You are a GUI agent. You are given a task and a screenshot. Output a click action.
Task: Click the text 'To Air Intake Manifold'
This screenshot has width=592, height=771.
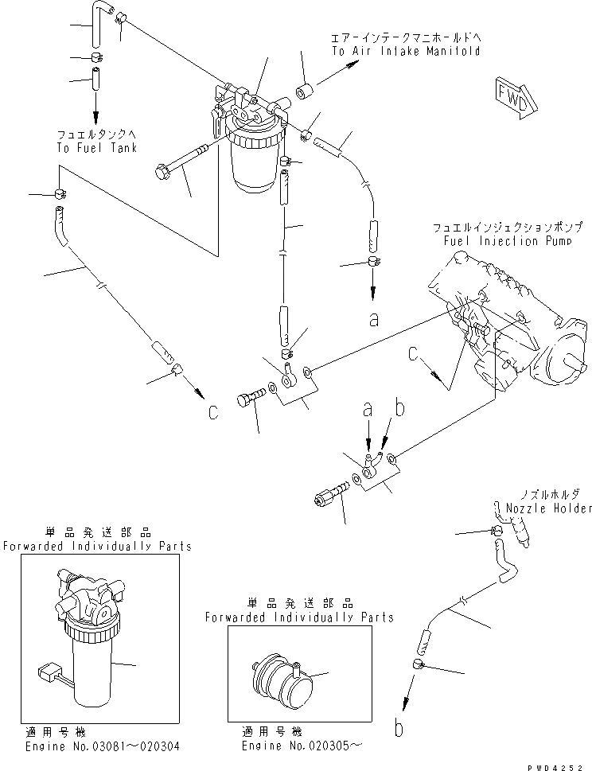click(x=406, y=51)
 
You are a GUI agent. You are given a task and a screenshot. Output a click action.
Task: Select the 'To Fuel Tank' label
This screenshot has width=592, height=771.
click(x=96, y=148)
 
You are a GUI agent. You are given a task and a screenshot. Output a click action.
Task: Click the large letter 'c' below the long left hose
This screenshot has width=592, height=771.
click(x=212, y=411)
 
